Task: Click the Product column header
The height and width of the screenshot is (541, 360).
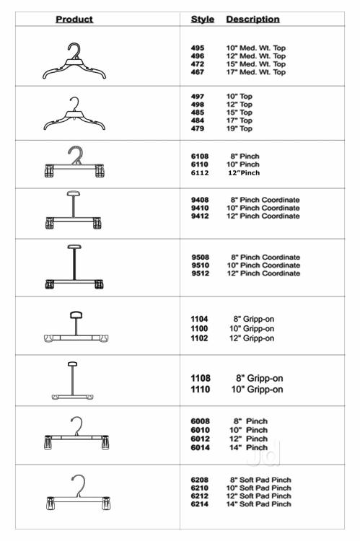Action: [74, 19]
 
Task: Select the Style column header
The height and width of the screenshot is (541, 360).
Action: [203, 19]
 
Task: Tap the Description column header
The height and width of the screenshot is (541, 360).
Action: [253, 19]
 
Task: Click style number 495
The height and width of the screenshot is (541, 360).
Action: [198, 48]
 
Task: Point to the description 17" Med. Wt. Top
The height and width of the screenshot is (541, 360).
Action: [256, 72]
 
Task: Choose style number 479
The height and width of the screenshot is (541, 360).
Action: [198, 128]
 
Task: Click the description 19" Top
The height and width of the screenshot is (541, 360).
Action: [240, 128]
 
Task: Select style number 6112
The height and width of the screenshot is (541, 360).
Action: [200, 173]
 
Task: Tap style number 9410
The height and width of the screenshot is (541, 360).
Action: [200, 208]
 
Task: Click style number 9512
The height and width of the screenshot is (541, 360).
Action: [201, 273]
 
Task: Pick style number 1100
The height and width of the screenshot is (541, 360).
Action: [199, 328]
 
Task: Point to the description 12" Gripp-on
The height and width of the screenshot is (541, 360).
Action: [252, 338]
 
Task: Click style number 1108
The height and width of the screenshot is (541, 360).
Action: [200, 378]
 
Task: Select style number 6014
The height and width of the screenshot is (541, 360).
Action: [200, 447]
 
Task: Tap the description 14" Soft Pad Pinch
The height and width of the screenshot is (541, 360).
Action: [258, 504]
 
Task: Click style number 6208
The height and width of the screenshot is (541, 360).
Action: [200, 480]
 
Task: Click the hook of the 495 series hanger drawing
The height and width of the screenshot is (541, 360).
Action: [75, 50]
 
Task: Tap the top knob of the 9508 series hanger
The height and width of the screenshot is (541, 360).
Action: [74, 247]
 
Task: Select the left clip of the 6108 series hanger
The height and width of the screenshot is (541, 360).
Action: [49, 171]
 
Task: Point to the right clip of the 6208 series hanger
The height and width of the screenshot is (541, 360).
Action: [106, 503]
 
